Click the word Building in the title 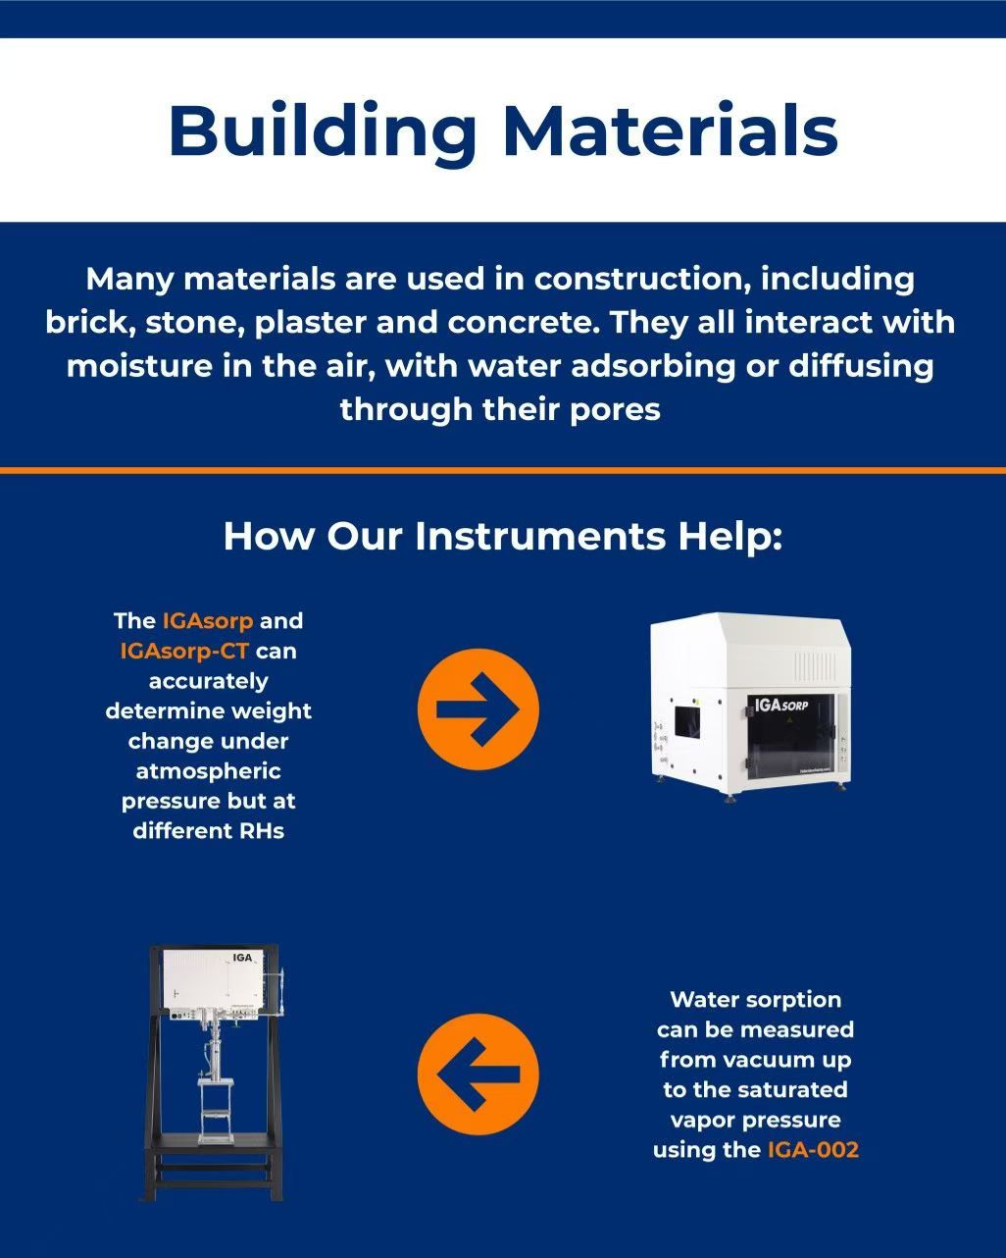click(x=323, y=133)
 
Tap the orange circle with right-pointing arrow click(x=478, y=709)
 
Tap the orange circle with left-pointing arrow click(x=478, y=1074)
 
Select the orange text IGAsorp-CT click(x=184, y=651)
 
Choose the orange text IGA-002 click(x=813, y=1149)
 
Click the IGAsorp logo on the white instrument click(x=781, y=705)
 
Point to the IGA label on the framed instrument click(x=242, y=958)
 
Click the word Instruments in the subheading click(x=540, y=536)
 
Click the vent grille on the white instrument click(x=815, y=666)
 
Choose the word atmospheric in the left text click(x=208, y=771)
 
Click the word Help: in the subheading click(x=729, y=537)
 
